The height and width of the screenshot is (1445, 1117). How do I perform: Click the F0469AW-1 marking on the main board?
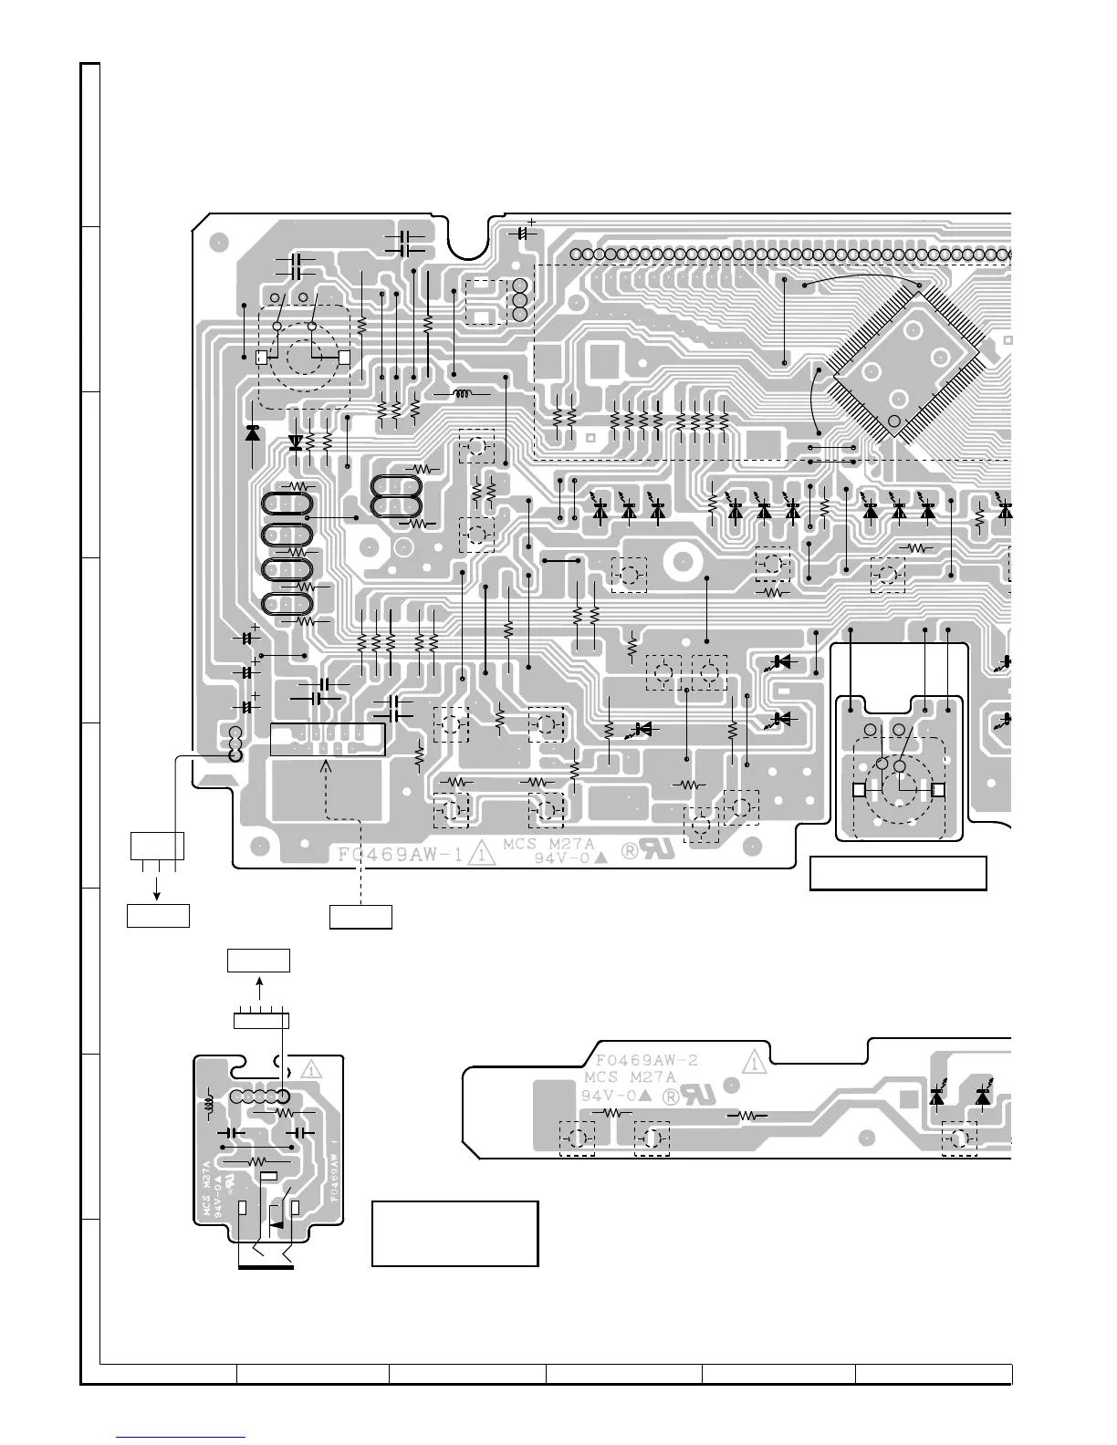tap(398, 856)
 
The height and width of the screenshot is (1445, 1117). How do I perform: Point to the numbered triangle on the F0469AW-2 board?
tap(754, 1061)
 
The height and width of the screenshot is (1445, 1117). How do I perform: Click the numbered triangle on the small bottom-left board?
tap(312, 1068)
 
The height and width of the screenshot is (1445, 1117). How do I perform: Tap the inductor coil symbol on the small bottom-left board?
tap(210, 1105)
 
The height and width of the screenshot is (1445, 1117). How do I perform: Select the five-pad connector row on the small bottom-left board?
tap(259, 1097)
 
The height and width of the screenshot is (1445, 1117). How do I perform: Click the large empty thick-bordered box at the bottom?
tap(454, 1233)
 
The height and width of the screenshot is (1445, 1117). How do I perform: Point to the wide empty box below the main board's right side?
tap(897, 873)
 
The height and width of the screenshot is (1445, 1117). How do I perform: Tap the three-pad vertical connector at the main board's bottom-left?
tap(235, 743)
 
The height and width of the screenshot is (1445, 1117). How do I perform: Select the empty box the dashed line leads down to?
tap(360, 916)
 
